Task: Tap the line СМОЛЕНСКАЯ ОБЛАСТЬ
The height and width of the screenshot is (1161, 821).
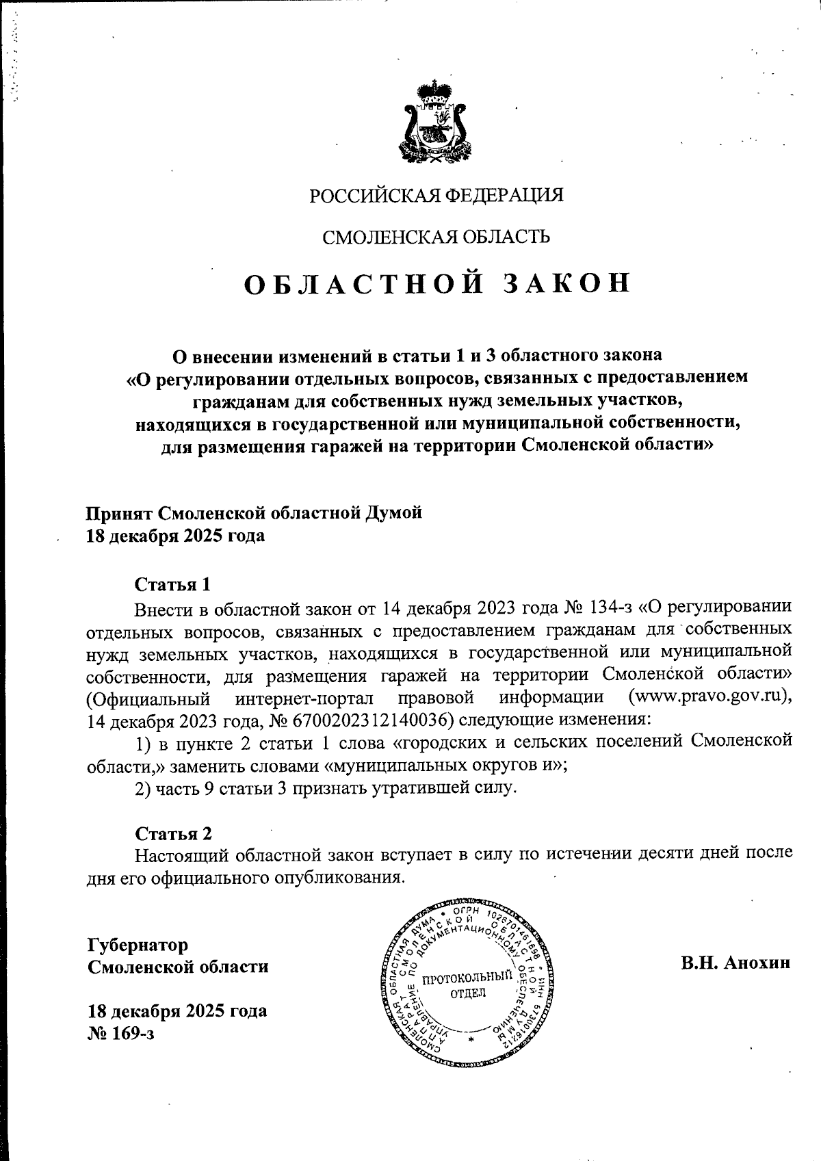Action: click(436, 237)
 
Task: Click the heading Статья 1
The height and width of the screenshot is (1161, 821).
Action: click(172, 584)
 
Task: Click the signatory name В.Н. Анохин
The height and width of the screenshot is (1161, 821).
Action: click(735, 963)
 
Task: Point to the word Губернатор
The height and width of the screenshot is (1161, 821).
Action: click(137, 945)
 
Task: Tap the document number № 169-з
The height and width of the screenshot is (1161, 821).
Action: click(121, 1033)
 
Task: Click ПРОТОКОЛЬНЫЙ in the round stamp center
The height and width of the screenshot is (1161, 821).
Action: click(467, 978)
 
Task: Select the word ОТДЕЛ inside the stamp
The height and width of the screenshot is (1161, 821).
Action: click(468, 993)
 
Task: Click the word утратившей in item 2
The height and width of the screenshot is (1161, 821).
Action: click(413, 787)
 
